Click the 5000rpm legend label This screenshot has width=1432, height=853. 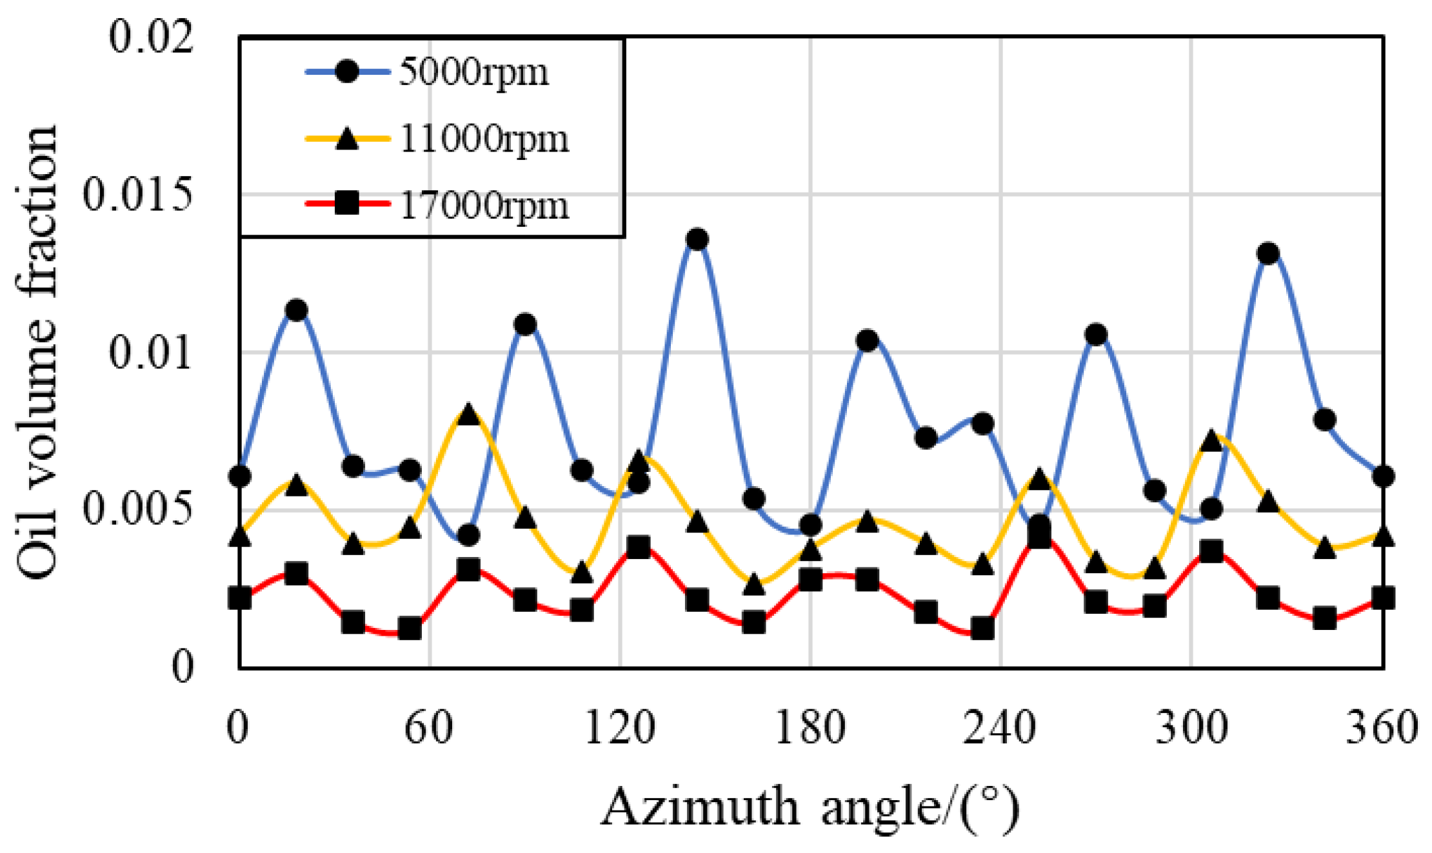[474, 72]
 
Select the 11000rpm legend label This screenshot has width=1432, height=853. [484, 139]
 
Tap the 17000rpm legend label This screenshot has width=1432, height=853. [484, 206]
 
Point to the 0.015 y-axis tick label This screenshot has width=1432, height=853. [138, 195]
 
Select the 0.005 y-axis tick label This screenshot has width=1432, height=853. [138, 510]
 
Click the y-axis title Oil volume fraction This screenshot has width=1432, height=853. [37, 352]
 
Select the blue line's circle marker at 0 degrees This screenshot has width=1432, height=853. [240, 476]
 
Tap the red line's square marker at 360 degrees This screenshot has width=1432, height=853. [1382, 598]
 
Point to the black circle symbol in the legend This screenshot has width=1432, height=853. [347, 72]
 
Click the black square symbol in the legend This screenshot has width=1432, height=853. [347, 205]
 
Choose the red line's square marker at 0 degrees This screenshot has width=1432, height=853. [240, 598]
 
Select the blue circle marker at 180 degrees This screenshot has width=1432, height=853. [810, 525]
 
